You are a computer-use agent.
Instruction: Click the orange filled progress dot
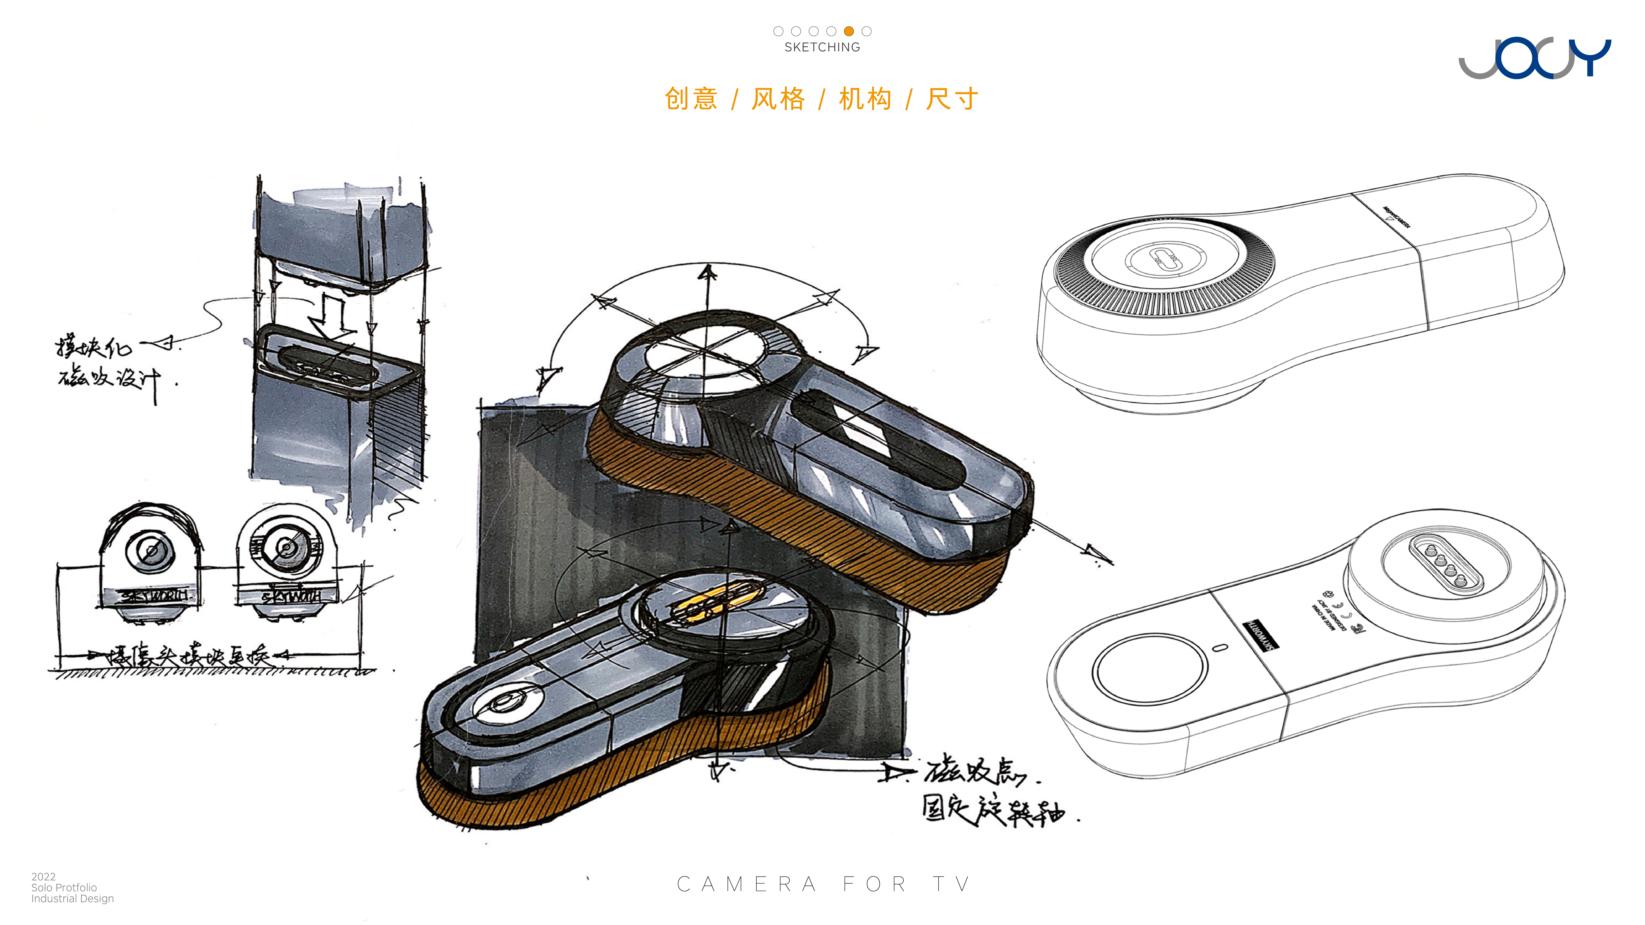point(849,31)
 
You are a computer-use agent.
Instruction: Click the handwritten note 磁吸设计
point(109,380)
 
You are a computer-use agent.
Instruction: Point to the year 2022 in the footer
point(43,876)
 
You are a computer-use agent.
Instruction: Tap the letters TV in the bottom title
point(952,884)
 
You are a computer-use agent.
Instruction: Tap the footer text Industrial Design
point(72,899)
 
